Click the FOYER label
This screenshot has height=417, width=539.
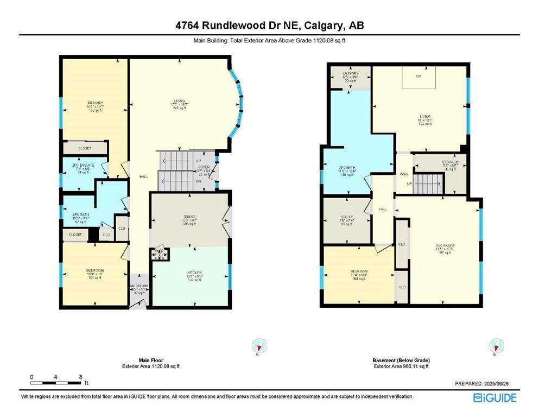pyautogui.click(x=204, y=167)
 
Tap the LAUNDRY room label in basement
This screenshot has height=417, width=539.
pyautogui.click(x=350, y=73)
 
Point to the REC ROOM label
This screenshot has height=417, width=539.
pyautogui.click(x=445, y=245)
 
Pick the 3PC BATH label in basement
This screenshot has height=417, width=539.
pyautogui.click(x=347, y=168)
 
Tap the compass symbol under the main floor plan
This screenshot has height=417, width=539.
pyautogui.click(x=259, y=346)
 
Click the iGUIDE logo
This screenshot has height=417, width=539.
pyautogui.click(x=494, y=398)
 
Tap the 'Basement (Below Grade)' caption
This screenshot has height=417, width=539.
pyautogui.click(x=401, y=361)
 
